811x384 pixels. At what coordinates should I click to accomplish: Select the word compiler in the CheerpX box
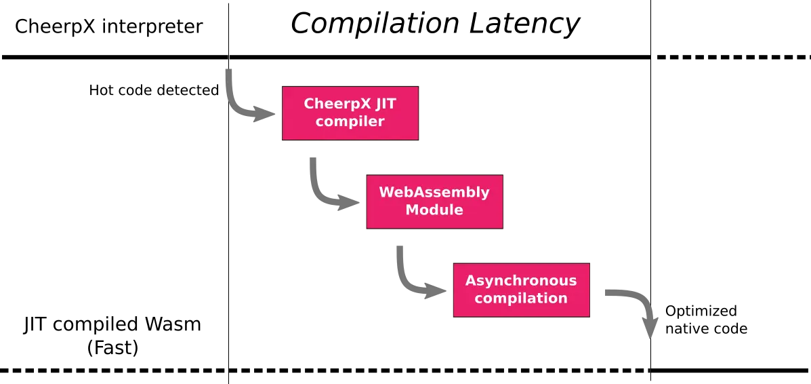[350, 122]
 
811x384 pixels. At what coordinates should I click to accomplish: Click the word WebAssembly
[434, 192]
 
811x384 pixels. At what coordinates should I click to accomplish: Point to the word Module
[434, 210]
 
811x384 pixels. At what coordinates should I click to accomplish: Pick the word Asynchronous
[521, 280]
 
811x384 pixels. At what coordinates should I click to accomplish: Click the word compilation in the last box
[521, 298]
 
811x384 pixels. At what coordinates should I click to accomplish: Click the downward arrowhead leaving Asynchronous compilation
[651, 330]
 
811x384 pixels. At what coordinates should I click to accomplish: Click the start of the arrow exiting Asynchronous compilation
[605, 292]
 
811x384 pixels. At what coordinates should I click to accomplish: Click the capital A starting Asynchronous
[471, 280]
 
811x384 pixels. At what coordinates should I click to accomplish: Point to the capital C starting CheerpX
[309, 104]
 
